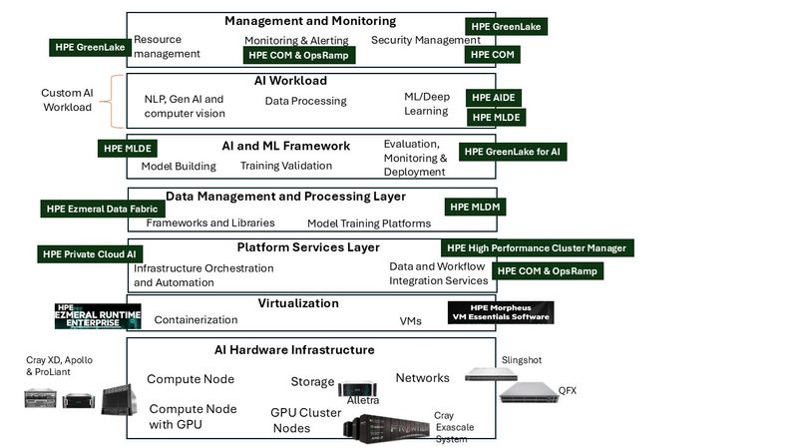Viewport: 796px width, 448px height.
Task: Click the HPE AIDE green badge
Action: pos(495,98)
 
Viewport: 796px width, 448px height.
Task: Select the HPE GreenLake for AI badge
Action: pos(510,152)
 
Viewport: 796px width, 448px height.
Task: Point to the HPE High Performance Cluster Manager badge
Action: pos(536,247)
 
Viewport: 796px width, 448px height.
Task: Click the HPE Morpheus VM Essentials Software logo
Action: pos(501,312)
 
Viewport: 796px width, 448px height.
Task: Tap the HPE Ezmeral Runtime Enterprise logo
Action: pos(99,316)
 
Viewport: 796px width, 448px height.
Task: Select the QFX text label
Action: pos(568,389)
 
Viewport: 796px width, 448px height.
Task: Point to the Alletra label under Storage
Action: pos(362,400)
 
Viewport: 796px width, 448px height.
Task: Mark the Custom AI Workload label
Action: pos(67,100)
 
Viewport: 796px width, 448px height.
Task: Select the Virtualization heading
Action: pos(298,303)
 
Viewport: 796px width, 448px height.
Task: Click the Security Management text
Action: pos(418,40)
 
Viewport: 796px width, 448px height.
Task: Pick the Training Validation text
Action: pos(286,166)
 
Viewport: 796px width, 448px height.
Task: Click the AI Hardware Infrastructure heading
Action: pos(294,350)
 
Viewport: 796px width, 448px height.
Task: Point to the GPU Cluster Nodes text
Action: pos(305,420)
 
